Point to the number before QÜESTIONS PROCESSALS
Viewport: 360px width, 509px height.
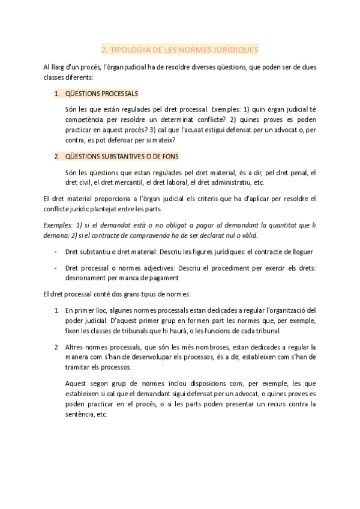[x=56, y=94]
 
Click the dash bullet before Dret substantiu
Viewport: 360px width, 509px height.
[x=56, y=251]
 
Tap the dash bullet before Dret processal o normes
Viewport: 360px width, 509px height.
[x=56, y=268]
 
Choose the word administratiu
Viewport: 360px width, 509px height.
[x=230, y=182]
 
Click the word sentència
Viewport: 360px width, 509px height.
[x=80, y=414]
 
